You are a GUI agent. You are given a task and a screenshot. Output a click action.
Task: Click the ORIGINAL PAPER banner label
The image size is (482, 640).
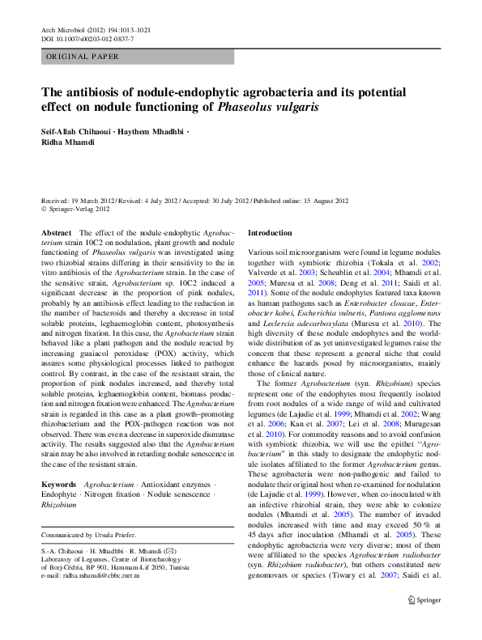[x=82, y=57]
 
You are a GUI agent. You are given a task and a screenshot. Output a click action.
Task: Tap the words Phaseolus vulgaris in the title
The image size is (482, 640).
[x=268, y=107]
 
